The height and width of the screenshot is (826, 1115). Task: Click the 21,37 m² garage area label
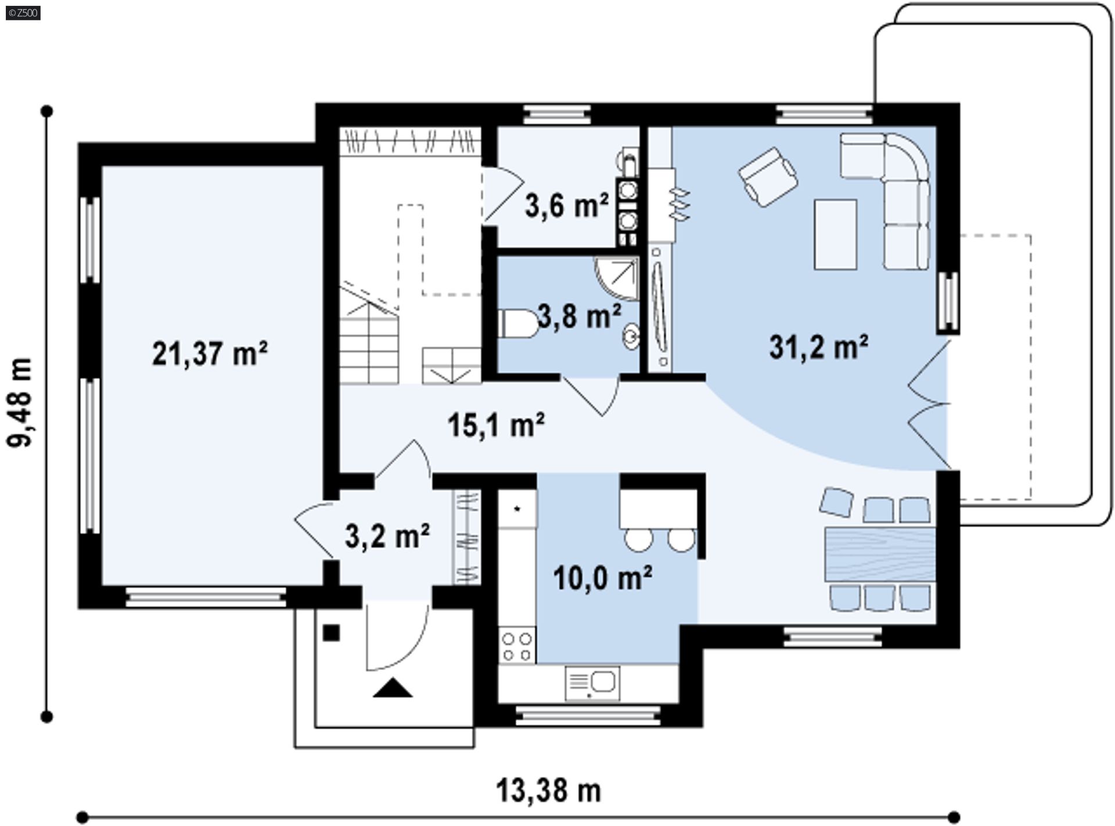[x=210, y=353]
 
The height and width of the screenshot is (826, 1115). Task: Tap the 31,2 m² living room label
[x=819, y=347]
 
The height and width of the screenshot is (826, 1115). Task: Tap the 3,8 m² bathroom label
[x=579, y=316]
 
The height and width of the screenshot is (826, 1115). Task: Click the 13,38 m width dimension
[x=548, y=791]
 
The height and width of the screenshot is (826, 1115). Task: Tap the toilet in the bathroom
[x=519, y=324]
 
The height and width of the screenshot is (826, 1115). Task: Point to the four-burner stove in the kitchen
[x=517, y=647]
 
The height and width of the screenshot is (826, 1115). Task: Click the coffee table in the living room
[x=836, y=234]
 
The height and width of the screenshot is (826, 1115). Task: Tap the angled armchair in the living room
[x=768, y=177]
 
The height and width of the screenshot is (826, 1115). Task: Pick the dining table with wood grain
[x=880, y=554]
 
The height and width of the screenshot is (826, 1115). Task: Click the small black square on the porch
[x=331, y=633]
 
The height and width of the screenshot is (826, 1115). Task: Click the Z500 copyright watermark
[x=23, y=12]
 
